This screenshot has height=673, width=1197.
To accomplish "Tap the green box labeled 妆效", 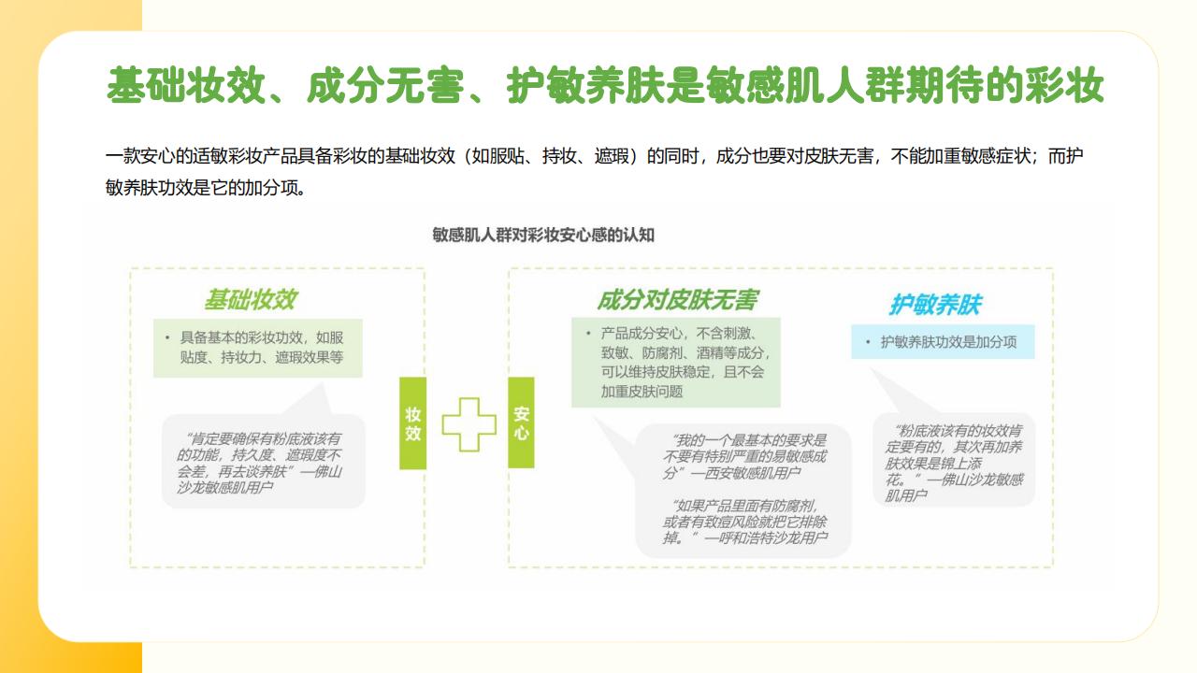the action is pyautogui.click(x=412, y=423).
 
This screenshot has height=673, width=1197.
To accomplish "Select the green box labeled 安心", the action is pyautogui.click(x=521, y=422).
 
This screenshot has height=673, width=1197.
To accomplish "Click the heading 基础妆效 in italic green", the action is pyautogui.click(x=251, y=299).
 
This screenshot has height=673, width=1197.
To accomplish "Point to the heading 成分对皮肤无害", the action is pyautogui.click(x=677, y=300).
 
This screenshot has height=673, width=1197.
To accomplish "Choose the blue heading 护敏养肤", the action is pyautogui.click(x=936, y=305).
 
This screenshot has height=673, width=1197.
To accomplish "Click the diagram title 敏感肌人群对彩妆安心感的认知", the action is pyautogui.click(x=543, y=235).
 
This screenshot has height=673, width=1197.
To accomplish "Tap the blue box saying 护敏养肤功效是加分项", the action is pyautogui.click(x=943, y=342).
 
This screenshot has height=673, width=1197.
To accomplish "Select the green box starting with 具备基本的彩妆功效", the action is pyautogui.click(x=257, y=349).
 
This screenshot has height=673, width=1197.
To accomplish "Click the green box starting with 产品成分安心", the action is pyautogui.click(x=676, y=363).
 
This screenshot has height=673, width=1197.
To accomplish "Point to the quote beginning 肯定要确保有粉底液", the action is pyautogui.click(x=259, y=463).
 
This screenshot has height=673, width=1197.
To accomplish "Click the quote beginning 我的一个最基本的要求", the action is pyautogui.click(x=744, y=457).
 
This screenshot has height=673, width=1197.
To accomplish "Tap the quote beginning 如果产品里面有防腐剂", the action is pyautogui.click(x=745, y=522).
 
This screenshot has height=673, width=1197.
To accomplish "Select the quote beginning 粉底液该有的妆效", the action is pyautogui.click(x=954, y=463).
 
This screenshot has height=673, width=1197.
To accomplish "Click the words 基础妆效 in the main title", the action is pyautogui.click(x=186, y=85).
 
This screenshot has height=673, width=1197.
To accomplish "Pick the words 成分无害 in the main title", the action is pyautogui.click(x=385, y=85).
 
